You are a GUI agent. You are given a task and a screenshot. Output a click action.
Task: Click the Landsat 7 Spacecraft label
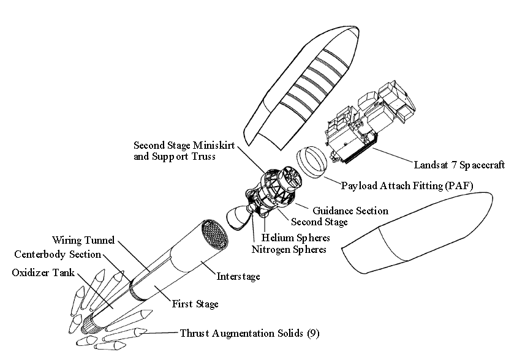click(459, 165)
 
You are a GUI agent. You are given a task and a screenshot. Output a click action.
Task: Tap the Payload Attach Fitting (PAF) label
click(407, 186)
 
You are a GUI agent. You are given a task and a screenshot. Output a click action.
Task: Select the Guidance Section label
click(350, 211)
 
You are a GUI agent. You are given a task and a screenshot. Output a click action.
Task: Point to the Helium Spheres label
click(295, 238)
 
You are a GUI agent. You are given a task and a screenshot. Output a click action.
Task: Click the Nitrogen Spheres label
click(289, 250)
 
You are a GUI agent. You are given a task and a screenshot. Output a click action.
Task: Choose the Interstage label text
click(238, 276)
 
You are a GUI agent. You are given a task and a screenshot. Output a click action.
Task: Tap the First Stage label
click(195, 304)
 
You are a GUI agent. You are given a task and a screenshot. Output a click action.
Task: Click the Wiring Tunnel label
click(83, 240)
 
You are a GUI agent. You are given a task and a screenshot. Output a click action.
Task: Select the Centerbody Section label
click(58, 254)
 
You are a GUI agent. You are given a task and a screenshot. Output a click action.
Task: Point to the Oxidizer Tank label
click(43, 272)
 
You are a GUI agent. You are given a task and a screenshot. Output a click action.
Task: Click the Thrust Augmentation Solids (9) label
click(249, 333)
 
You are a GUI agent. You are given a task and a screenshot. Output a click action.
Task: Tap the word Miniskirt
click(214, 146)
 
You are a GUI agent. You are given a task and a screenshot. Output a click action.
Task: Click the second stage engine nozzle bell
click(238, 219)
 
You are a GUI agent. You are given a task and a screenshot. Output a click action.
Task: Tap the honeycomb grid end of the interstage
click(215, 235)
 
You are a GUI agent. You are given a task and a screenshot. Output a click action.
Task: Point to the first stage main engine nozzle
click(88, 324)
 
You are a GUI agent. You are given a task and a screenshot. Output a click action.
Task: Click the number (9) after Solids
click(313, 333)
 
